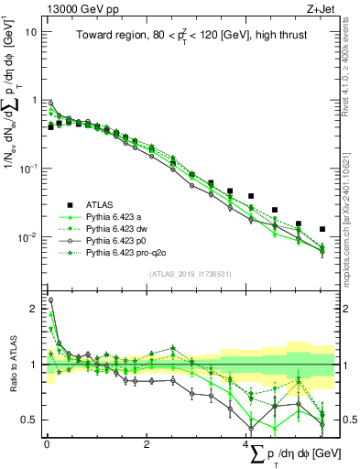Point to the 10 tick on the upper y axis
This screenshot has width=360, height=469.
[x=32, y=32]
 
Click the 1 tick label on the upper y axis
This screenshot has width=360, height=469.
[x=35, y=101]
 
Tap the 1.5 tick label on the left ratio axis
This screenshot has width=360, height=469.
[x=30, y=336]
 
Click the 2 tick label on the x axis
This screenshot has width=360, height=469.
[x=147, y=442]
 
